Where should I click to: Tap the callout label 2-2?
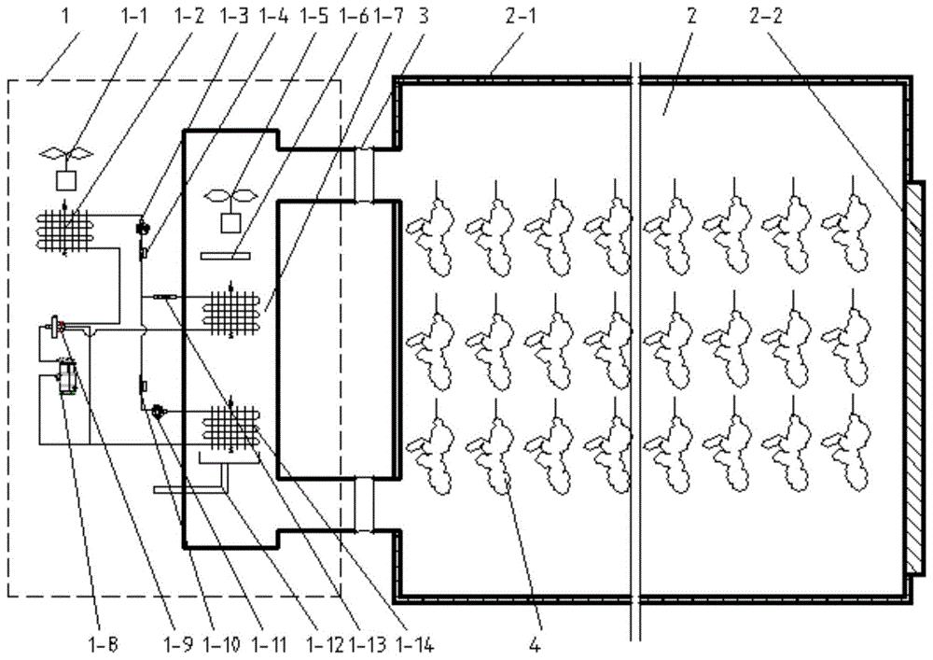pos(766,16)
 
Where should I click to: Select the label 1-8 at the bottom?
pos(101,643)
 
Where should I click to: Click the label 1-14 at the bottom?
pos(413,643)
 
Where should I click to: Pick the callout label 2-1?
pos(521,16)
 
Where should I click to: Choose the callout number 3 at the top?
pos(423,16)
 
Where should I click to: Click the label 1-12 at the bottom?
pos(326,643)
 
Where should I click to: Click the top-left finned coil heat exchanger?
pos(65,229)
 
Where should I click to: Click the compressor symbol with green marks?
pos(65,376)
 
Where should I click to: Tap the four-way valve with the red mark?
pos(57,326)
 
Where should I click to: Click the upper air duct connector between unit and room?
pos(364,175)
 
